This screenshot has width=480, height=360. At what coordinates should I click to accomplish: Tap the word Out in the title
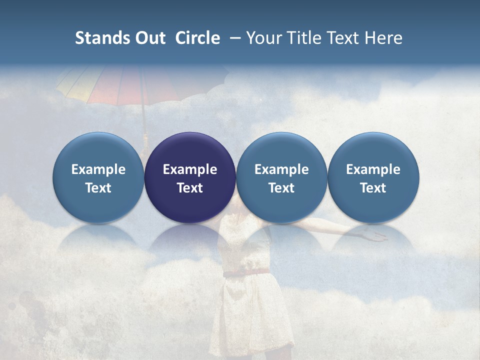pyautogui.click(x=149, y=38)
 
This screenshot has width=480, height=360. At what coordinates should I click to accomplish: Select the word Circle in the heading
pyautogui.click(x=197, y=38)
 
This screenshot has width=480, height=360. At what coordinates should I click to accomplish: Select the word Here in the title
pyautogui.click(x=385, y=38)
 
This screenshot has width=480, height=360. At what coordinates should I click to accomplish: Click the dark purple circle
pyautogui.click(x=190, y=150)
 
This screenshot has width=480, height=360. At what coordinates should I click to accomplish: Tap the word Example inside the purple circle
pyautogui.click(x=190, y=169)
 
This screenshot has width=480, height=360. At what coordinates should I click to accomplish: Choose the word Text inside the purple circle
pyautogui.click(x=190, y=188)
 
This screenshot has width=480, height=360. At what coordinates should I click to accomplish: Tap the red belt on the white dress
pyautogui.click(x=246, y=272)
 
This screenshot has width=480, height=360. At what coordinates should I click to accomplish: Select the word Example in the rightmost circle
pyautogui.click(x=373, y=169)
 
